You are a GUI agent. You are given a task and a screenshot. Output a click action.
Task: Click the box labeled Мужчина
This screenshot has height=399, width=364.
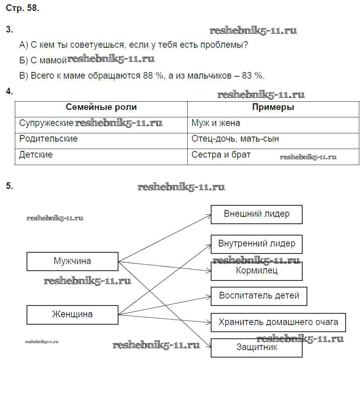tap(72, 261)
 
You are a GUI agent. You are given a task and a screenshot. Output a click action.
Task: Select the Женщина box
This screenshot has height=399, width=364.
tap(72, 315)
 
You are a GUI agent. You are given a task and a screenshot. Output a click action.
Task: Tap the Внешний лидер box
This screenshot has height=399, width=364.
tap(256, 214)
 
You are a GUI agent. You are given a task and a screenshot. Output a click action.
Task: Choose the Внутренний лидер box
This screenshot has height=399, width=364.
tap(256, 244)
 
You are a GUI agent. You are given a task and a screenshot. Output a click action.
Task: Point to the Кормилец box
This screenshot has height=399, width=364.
tap(256, 271)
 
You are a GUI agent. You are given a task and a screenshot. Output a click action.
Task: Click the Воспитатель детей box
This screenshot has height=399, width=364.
tap(259, 296)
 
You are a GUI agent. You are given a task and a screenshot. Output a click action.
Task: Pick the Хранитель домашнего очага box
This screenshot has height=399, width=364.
tap(278, 322)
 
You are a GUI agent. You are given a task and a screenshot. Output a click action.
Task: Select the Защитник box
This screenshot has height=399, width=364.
tap(256, 347)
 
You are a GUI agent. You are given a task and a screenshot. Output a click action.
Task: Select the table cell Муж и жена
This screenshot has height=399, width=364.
tap(216, 123)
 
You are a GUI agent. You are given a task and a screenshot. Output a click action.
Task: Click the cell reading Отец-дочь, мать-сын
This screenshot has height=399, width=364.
tap(235, 139)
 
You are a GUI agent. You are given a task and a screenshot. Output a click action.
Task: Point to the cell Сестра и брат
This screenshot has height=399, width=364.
tap(221, 155)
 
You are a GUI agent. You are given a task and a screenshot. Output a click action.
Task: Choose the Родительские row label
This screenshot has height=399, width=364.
tap(48, 139)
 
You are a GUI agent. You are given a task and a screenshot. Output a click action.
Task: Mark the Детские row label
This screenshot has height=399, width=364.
tap(36, 155)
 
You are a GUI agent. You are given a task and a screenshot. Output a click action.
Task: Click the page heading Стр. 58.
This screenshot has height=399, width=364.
tap(23, 9)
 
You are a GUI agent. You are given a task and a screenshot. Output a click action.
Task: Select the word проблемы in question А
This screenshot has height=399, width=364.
tap(224, 45)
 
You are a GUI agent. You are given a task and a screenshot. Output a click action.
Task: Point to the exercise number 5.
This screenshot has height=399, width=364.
tap(9, 186)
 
